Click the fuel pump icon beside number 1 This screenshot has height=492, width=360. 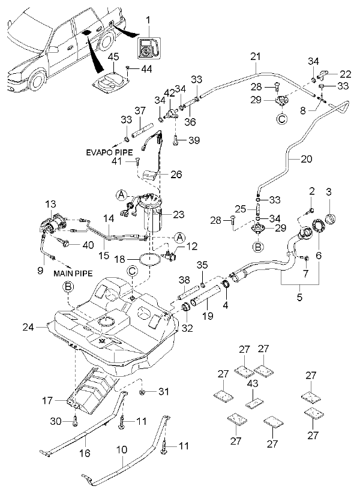pyautogui.click(x=148, y=48)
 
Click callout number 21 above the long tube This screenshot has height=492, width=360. pyautogui.click(x=256, y=57)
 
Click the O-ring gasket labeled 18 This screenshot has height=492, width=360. pyautogui.click(x=150, y=259)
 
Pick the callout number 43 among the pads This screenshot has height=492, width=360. pyautogui.click(x=253, y=383)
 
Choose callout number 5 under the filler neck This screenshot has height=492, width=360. pyautogui.click(x=300, y=296)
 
